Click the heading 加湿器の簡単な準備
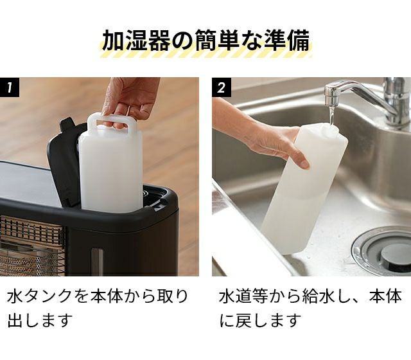(x=205, y=40)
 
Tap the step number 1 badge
(x=10, y=87)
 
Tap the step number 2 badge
(x=222, y=87)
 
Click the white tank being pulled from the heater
(x=111, y=163)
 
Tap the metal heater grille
(x=32, y=246)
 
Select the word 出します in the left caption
(x=40, y=320)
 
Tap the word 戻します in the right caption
(x=268, y=320)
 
